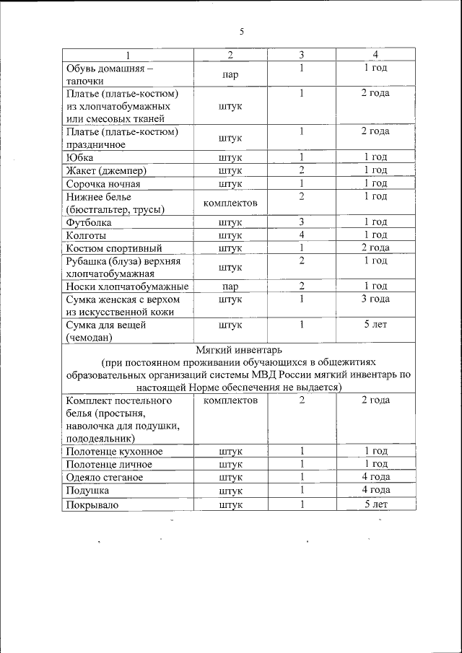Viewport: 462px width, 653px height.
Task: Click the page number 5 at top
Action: click(x=242, y=31)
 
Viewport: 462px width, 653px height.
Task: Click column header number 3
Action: click(x=302, y=55)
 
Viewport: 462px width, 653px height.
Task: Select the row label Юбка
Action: click(x=79, y=157)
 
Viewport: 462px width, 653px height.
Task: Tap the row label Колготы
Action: click(x=87, y=235)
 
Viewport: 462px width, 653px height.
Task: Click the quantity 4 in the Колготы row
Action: click(x=302, y=235)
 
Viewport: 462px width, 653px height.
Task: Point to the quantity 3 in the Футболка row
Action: click(x=302, y=222)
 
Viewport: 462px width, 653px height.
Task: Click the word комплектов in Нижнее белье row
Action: click(x=230, y=203)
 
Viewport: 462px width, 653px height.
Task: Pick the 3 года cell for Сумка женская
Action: click(x=375, y=299)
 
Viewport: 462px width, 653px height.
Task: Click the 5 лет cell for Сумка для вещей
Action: click(x=375, y=325)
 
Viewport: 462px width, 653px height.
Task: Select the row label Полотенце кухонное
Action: click(x=114, y=452)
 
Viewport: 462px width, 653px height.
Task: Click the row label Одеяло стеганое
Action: click(x=104, y=478)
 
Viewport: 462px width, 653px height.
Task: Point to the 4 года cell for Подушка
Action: click(x=375, y=490)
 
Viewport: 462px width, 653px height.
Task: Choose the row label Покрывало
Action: click(x=92, y=504)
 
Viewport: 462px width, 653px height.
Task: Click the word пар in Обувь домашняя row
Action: click(x=230, y=74)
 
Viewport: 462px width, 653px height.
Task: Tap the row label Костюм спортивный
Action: click(x=113, y=248)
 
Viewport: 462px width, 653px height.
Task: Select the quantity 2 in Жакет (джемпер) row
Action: click(x=302, y=170)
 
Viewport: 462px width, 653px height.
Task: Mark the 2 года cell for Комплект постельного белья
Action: click(x=375, y=400)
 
